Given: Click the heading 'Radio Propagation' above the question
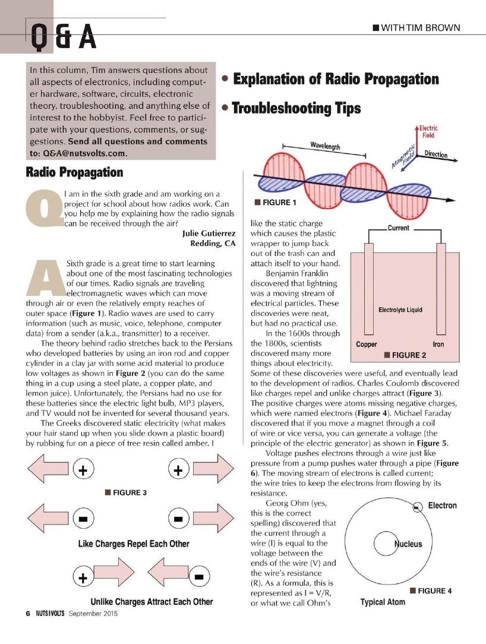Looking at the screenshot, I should tap(74, 172).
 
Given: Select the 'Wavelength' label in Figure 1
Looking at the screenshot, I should tap(325, 146).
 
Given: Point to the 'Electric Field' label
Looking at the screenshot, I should tap(428, 131).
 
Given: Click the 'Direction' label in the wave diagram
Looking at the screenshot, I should tap(435, 154).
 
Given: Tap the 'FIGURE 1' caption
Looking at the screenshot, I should tap(275, 203).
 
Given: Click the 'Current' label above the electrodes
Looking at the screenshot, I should tap(398, 228).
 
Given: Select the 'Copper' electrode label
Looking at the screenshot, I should tap(366, 344).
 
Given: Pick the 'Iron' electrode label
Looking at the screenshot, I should tap(438, 344).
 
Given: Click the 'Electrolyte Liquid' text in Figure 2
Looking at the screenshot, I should tap(400, 310).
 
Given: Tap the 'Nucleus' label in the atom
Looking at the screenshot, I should tap(408, 544).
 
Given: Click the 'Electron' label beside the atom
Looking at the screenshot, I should tap(442, 506).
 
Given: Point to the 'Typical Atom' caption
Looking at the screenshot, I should tap(383, 602).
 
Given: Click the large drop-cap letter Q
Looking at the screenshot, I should tap(43, 212).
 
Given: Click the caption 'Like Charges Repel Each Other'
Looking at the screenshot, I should tap(134, 544).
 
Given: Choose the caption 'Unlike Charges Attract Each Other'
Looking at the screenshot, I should tap(152, 601).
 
